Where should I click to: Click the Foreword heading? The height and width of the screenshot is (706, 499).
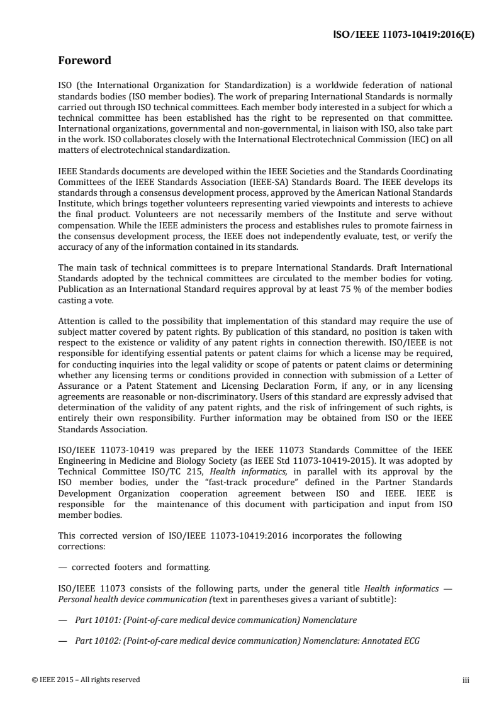[x=84, y=61]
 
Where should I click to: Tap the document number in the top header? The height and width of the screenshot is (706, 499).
[x=403, y=35]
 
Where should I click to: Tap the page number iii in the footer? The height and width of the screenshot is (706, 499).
[x=466, y=680]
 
